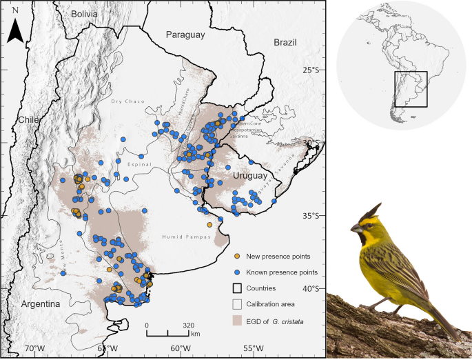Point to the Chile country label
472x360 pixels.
(x=30, y=119)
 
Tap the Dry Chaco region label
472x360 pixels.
(x=127, y=101)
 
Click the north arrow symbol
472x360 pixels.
(x=15, y=30)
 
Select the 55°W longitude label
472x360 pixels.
(x=254, y=349)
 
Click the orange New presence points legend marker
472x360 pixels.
(x=237, y=257)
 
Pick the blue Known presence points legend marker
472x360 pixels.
(x=237, y=272)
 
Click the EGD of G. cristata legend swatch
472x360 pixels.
(x=238, y=320)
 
